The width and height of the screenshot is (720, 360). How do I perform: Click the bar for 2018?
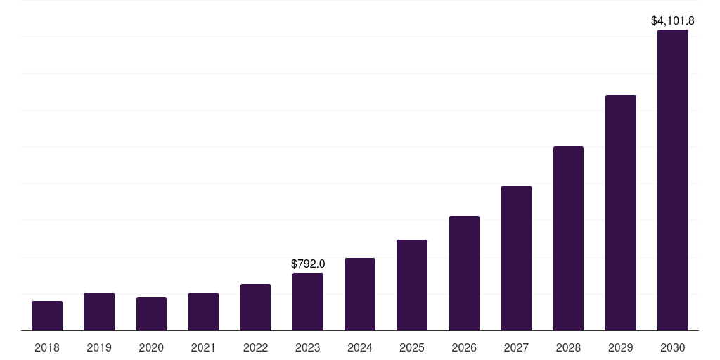pyautogui.click(x=47, y=316)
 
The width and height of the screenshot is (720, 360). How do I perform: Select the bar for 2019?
pyautogui.click(x=99, y=311)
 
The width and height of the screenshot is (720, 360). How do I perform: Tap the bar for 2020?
pyautogui.click(x=151, y=314)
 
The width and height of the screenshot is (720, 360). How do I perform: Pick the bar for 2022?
pyautogui.click(x=255, y=307)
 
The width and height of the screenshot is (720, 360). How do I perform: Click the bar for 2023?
pyautogui.click(x=308, y=302)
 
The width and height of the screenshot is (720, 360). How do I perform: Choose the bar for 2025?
pyautogui.click(x=412, y=285)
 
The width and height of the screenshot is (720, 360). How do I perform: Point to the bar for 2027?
pyautogui.click(x=516, y=258)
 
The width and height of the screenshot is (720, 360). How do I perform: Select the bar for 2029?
pyautogui.click(x=621, y=213)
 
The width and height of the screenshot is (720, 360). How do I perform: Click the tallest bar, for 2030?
pyautogui.click(x=673, y=180)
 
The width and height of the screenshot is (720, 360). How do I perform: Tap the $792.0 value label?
pyautogui.click(x=308, y=264)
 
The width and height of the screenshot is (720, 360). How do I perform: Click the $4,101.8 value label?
pyautogui.click(x=673, y=21)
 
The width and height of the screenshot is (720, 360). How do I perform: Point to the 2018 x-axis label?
pyautogui.click(x=47, y=347)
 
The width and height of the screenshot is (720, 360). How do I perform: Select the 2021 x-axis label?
pyautogui.click(x=203, y=347)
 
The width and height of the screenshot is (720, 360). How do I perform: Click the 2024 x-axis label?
pyautogui.click(x=360, y=347)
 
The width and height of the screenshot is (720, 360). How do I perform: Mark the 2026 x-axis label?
pyautogui.click(x=464, y=347)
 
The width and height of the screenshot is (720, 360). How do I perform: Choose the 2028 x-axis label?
pyautogui.click(x=568, y=347)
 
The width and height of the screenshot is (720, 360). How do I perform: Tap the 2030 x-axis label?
pyautogui.click(x=673, y=347)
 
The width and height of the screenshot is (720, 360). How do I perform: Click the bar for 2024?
pyautogui.click(x=360, y=295)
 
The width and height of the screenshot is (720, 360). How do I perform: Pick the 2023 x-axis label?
pyautogui.click(x=308, y=347)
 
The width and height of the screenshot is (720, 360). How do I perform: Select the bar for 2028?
pyautogui.click(x=568, y=238)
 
